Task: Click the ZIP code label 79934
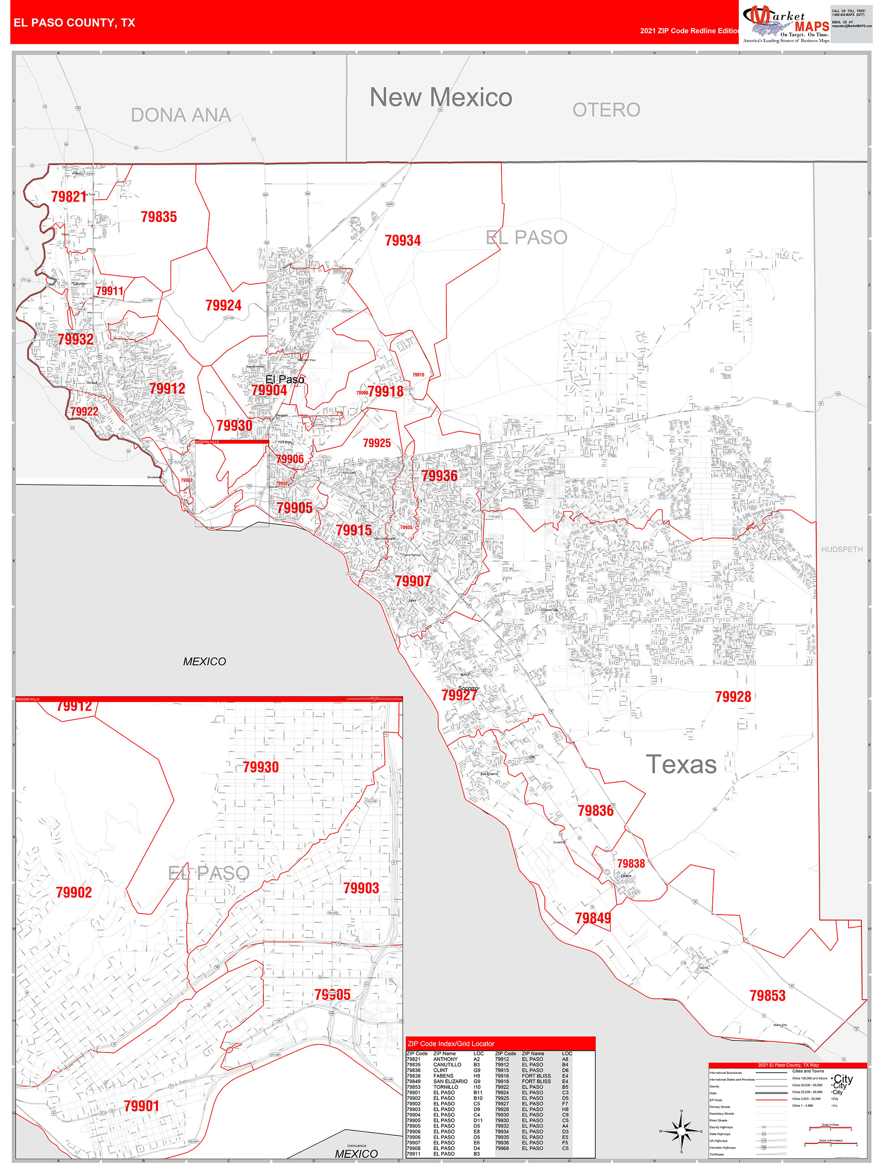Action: click(403, 240)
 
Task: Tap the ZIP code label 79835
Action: click(158, 217)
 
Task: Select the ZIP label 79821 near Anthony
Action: click(69, 197)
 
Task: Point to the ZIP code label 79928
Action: click(733, 697)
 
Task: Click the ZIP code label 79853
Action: click(767, 996)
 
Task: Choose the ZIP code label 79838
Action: click(630, 864)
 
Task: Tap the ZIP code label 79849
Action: click(593, 918)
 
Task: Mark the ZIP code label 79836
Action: click(595, 810)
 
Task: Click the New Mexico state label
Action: click(441, 97)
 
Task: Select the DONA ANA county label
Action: click(180, 115)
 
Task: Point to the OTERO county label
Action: click(606, 110)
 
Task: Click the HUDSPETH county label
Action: click(842, 549)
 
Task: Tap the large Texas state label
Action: click(681, 765)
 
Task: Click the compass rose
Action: click(681, 1131)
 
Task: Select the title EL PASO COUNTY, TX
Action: click(74, 23)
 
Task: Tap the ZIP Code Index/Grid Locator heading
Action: click(450, 1044)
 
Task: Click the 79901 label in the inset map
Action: click(141, 1106)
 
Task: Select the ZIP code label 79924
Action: click(223, 305)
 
